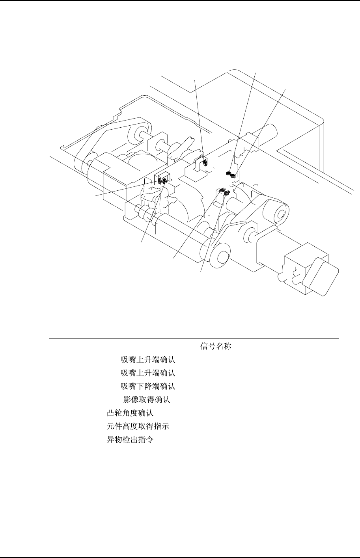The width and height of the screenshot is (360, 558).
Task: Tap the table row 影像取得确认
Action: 147,400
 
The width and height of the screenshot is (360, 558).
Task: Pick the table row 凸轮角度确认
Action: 130,413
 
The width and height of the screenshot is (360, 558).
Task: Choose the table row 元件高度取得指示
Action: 138,426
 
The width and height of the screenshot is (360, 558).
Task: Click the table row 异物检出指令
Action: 130,440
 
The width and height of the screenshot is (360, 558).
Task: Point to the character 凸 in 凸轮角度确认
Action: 110,413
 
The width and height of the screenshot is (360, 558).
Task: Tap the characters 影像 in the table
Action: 130,400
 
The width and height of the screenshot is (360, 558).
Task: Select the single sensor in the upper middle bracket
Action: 205,161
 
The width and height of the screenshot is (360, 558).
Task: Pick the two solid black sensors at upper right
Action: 231,174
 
